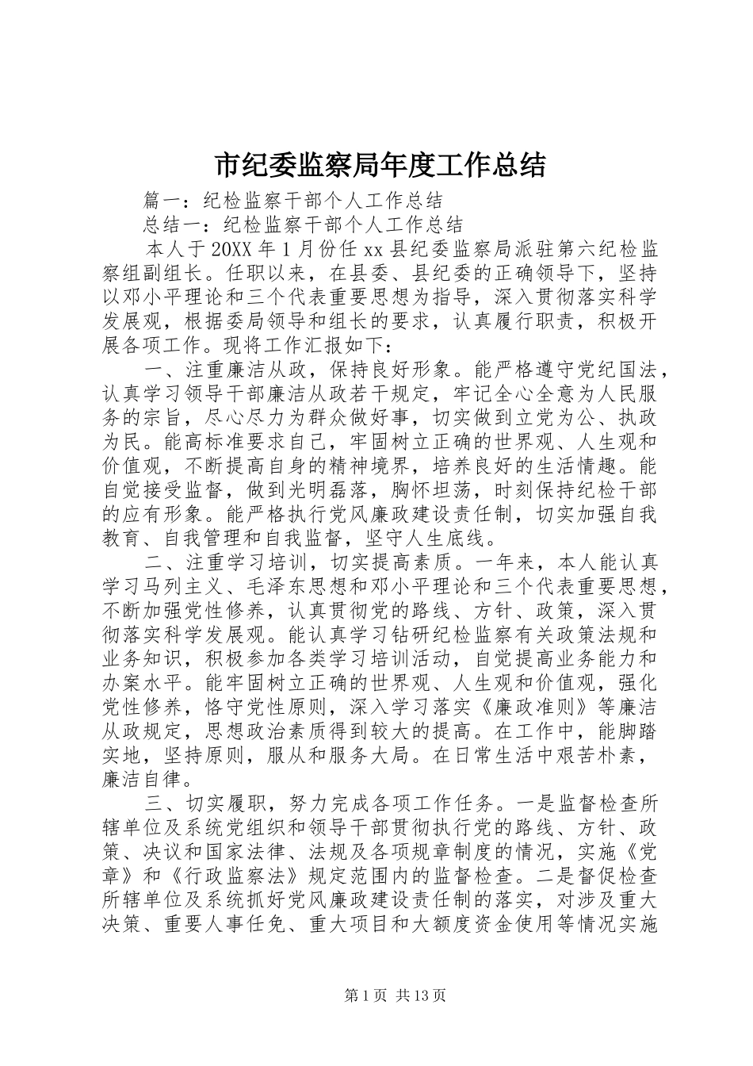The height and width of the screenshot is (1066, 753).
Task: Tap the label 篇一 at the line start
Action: point(165,200)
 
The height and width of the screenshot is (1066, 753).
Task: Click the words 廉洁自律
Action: point(143,779)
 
